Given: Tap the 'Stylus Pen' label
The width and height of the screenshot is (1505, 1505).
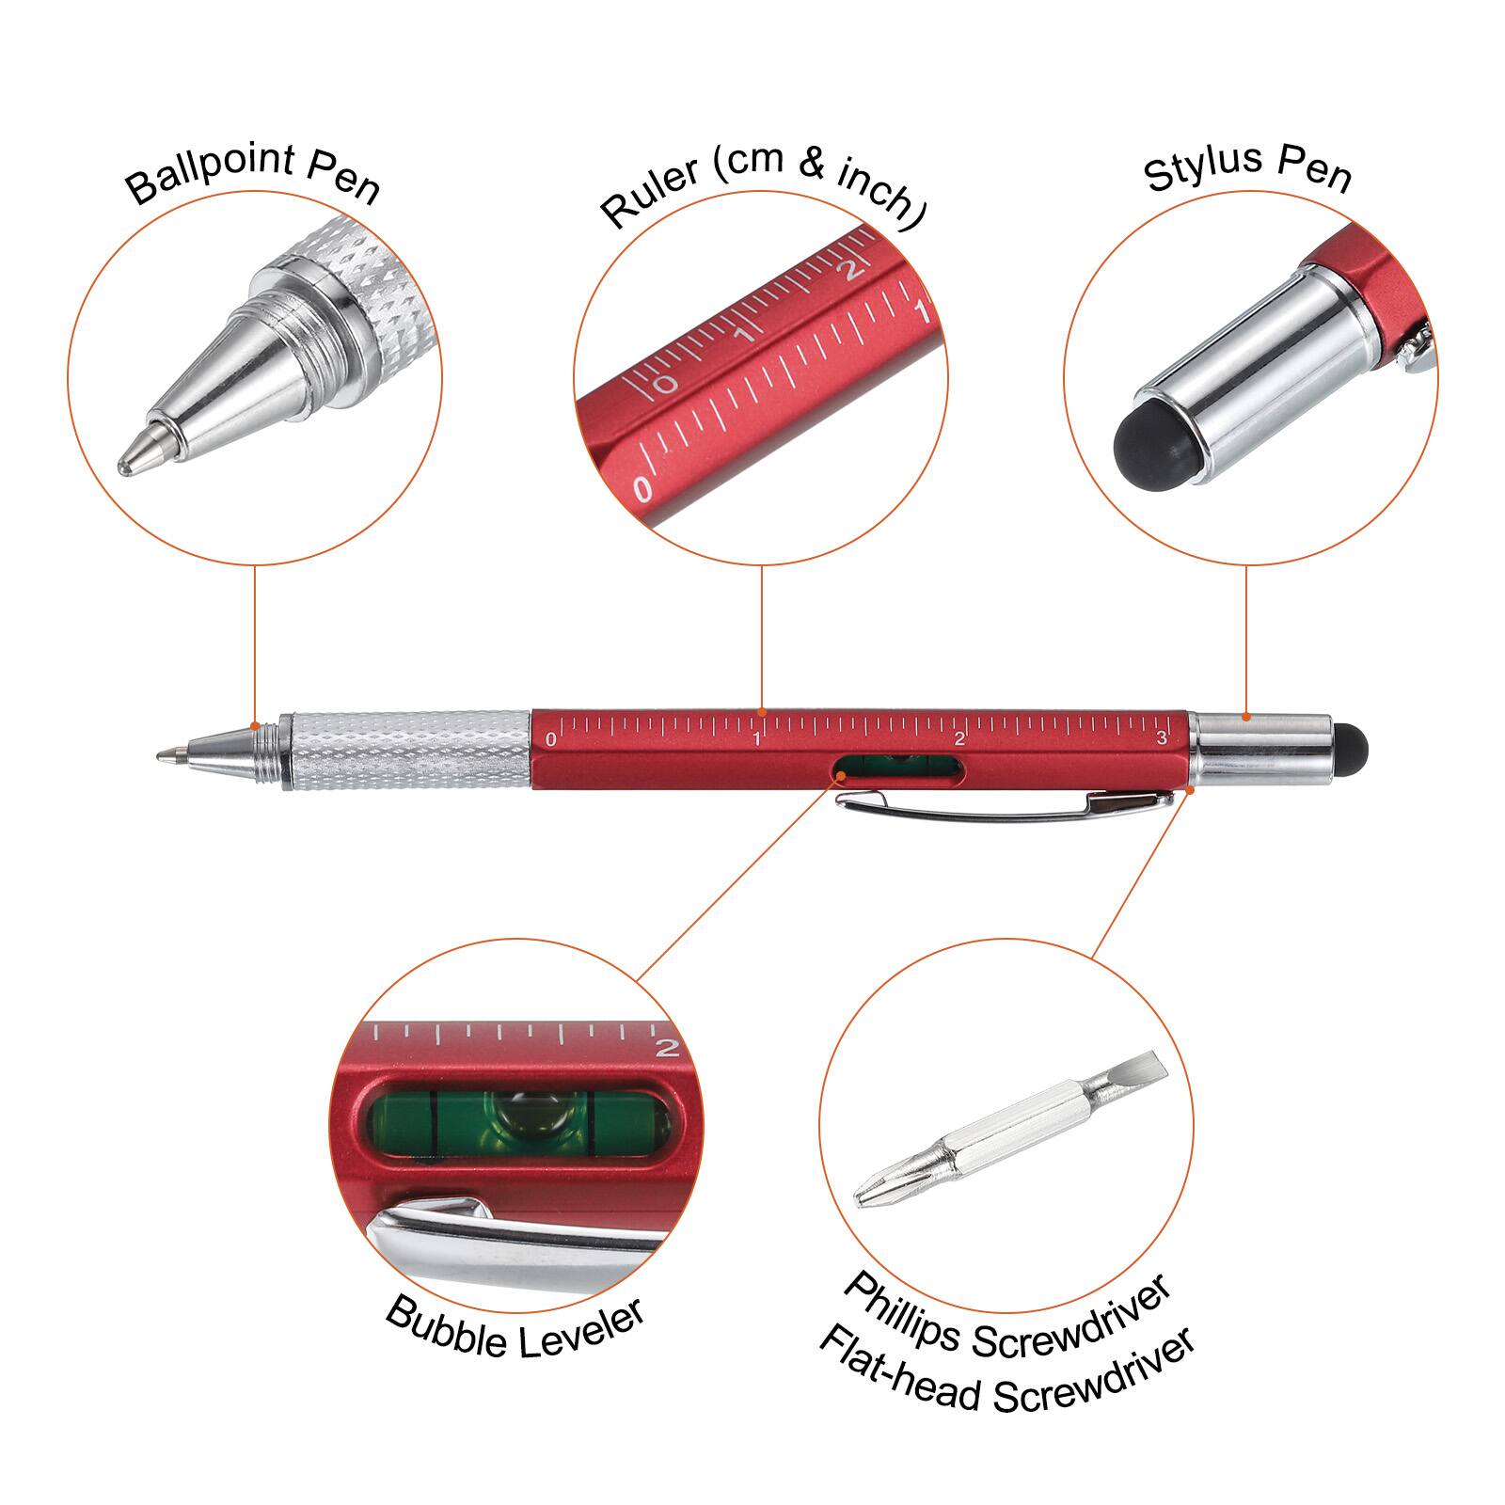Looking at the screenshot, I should click(1247, 168).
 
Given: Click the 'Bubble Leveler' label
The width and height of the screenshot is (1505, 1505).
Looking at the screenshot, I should click(515, 1327).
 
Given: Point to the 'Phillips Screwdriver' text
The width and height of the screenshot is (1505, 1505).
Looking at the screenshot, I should click(1006, 1316).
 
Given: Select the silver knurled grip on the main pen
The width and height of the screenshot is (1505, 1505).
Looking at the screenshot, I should click(410, 750).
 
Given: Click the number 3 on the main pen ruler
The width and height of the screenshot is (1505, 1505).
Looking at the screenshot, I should click(1161, 738).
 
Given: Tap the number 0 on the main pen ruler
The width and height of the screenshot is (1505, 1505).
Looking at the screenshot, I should click(551, 740).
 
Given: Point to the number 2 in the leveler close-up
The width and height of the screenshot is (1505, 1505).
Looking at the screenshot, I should click(666, 1047).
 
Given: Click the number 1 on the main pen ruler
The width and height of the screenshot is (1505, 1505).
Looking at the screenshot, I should click(756, 739).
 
